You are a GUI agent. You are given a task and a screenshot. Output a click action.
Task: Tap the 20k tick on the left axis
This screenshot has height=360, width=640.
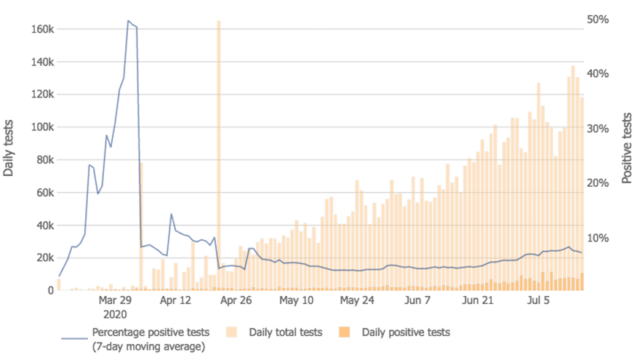coord(44,258)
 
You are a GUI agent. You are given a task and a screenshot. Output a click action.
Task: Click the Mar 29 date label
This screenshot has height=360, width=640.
coord(115,300)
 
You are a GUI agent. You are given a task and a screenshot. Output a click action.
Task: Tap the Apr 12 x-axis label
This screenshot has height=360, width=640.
coord(175,300)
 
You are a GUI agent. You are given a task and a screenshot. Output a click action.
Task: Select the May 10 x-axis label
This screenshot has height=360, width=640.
coord(296,300)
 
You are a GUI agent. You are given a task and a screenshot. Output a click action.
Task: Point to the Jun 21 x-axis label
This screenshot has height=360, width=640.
coord(478,300)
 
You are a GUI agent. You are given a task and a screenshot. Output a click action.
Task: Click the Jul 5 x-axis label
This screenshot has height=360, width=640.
coord(538,300)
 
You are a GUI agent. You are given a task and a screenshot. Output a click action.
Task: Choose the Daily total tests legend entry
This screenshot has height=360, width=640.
coord(285,332)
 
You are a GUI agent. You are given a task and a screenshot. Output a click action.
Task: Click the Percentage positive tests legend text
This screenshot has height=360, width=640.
coord(150,332)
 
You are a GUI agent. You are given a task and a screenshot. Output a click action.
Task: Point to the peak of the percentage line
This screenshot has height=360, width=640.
coord(128,21)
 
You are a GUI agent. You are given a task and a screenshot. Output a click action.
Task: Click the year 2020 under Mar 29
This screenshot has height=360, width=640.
coord(115,314)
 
